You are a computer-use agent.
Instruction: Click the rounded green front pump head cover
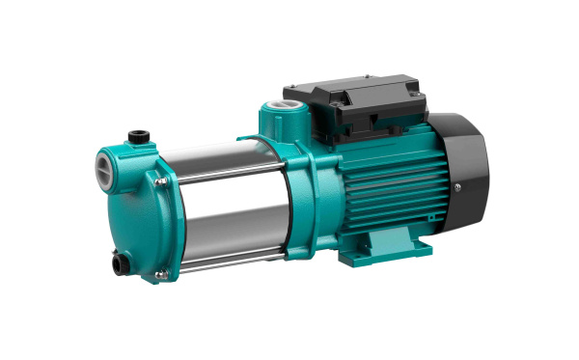point(125,208)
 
